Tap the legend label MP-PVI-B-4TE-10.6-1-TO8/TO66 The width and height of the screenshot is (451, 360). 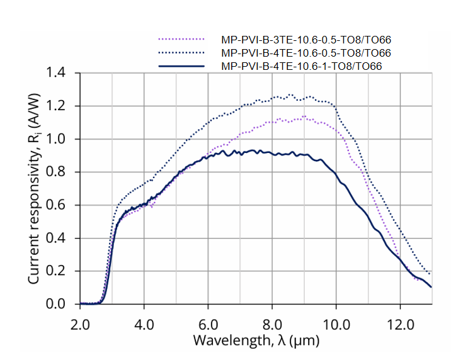[x=302, y=65]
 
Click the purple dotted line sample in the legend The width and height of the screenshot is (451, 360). [x=183, y=40]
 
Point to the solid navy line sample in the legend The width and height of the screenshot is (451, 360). [x=183, y=65]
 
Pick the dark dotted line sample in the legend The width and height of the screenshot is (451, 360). [x=183, y=52]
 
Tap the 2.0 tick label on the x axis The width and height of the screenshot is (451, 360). [x=81, y=323]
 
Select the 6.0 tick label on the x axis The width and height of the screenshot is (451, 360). [x=208, y=323]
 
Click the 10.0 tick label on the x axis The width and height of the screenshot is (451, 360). [x=336, y=323]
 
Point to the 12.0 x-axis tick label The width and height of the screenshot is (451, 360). [x=400, y=323]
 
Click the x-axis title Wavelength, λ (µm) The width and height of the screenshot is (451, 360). [x=256, y=342]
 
